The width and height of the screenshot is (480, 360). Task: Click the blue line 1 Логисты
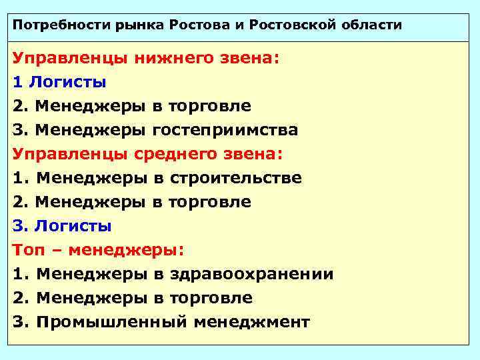click(59, 83)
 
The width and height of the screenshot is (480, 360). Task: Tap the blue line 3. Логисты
click(62, 226)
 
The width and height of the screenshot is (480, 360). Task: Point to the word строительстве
click(236, 178)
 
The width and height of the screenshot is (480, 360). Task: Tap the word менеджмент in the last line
click(252, 322)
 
